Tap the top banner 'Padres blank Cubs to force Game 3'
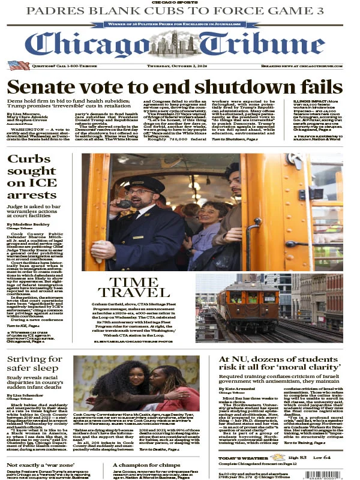[x=179, y=11]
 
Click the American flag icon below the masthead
[x=18, y=65]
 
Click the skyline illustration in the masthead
[x=180, y=42]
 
